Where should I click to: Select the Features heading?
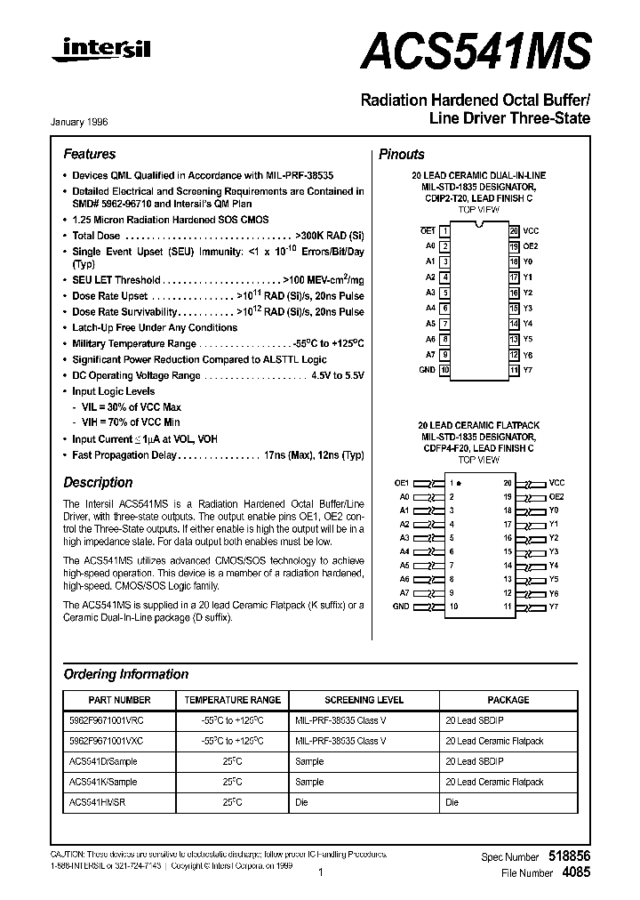[x=89, y=154]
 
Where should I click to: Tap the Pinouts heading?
[x=402, y=154]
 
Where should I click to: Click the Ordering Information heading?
[x=125, y=674]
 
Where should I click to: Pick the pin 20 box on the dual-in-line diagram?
[x=514, y=230]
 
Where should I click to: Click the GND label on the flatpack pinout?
[x=402, y=606]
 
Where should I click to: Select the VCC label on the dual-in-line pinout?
[x=531, y=230]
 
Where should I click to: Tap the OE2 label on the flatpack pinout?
[x=556, y=496]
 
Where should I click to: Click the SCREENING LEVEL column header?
[x=364, y=700]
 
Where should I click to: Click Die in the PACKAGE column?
[x=452, y=802]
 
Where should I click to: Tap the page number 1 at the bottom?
[x=319, y=873]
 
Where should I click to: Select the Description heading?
[x=98, y=483]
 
